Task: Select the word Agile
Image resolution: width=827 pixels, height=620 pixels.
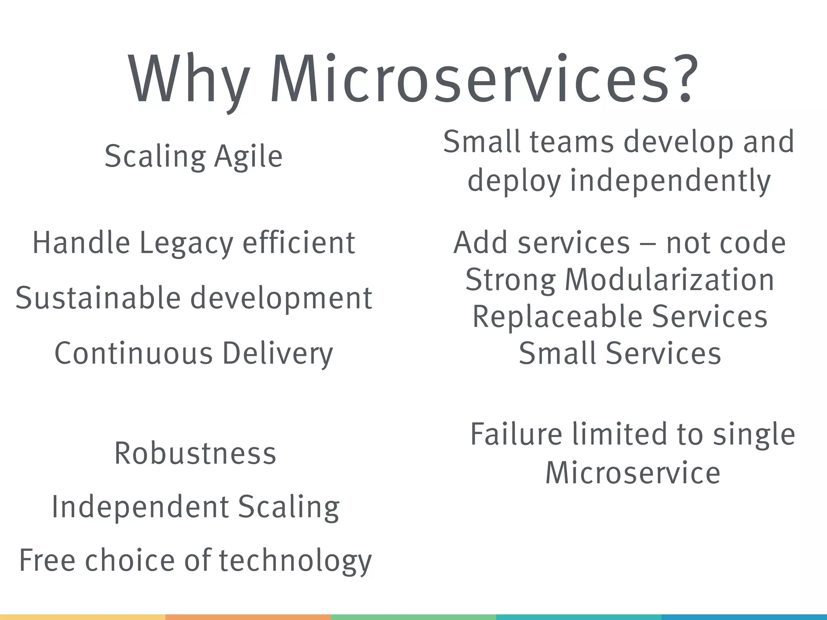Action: click(248, 157)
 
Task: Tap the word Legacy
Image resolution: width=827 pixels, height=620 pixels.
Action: click(186, 243)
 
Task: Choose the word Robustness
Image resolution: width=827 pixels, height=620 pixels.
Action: click(195, 453)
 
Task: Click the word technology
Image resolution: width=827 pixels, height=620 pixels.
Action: click(295, 561)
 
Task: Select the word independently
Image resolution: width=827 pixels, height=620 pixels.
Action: click(670, 181)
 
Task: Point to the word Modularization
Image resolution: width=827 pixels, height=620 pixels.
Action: click(670, 280)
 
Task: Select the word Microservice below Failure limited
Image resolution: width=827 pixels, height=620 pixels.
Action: click(633, 473)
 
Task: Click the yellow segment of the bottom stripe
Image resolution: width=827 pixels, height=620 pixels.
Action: click(82, 617)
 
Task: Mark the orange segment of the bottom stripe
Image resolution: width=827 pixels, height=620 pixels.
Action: click(248, 617)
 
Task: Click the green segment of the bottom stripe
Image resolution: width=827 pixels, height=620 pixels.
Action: click(413, 617)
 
